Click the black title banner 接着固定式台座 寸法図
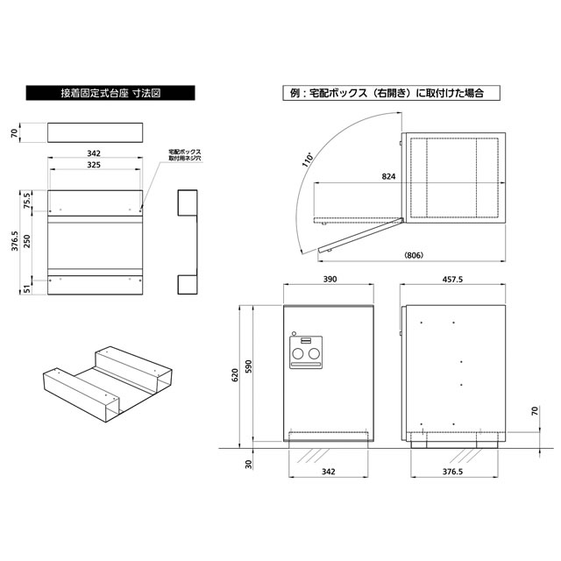click(110, 93)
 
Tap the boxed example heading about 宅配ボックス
click(391, 93)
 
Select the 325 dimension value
click(94, 165)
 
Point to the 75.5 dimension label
click(27, 202)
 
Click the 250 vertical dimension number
click(27, 242)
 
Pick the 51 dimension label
click(27, 288)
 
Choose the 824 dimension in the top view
click(388, 176)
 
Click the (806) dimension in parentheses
click(414, 255)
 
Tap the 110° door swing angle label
click(308, 160)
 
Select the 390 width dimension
click(330, 279)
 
